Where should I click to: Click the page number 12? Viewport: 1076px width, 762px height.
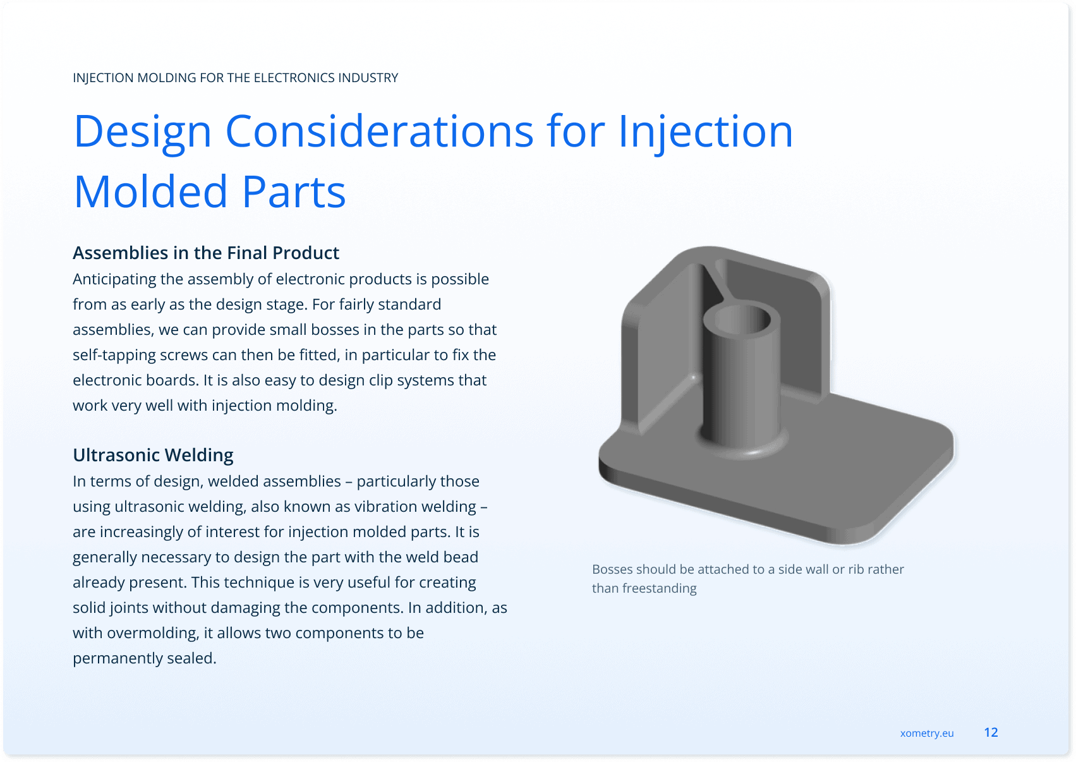991,732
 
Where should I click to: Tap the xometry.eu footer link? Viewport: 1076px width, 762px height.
927,733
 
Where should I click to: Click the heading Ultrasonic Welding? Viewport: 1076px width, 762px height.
153,455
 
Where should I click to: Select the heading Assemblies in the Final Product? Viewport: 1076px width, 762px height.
205,253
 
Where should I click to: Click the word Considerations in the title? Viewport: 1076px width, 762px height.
379,131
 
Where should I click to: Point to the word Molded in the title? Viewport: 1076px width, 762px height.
150,191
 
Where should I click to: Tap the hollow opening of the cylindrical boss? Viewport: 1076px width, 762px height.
742,319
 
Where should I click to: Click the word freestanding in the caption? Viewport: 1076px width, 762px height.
659,588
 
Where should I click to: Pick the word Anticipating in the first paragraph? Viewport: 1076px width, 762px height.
114,279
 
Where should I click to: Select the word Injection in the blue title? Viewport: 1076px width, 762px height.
705,132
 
